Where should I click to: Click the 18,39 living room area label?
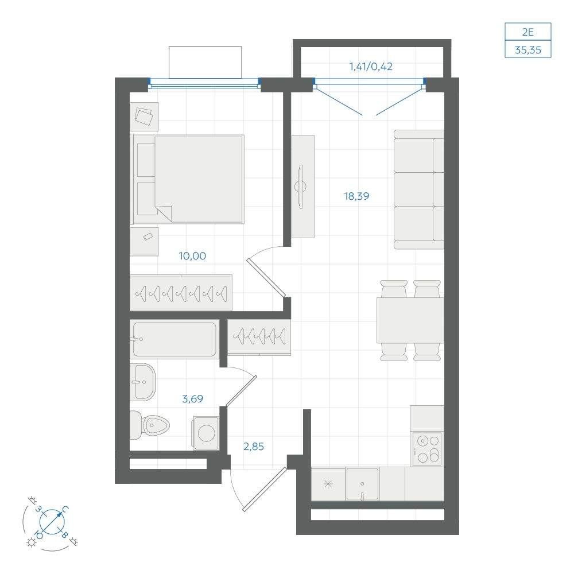click(x=356, y=196)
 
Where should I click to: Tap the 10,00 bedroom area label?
click(x=192, y=256)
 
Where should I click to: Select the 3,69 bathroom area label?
click(x=192, y=399)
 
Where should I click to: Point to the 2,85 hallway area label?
click(x=254, y=447)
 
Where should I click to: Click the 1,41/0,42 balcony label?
click(x=371, y=67)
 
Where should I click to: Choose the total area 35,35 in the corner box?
click(x=528, y=50)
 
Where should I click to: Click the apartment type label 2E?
click(x=528, y=32)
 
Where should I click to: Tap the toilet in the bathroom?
click(x=150, y=425)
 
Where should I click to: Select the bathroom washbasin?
click(x=143, y=382)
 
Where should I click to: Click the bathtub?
click(x=174, y=339)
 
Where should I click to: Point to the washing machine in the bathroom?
click(x=206, y=433)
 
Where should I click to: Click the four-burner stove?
click(x=427, y=449)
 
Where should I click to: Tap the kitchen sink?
click(x=362, y=484)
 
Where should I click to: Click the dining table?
click(x=410, y=320)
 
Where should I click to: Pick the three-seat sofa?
click(x=419, y=189)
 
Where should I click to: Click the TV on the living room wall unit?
click(x=301, y=187)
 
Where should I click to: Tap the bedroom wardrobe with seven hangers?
click(x=181, y=293)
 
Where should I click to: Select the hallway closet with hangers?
click(x=259, y=337)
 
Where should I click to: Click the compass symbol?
click(x=52, y=522)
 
